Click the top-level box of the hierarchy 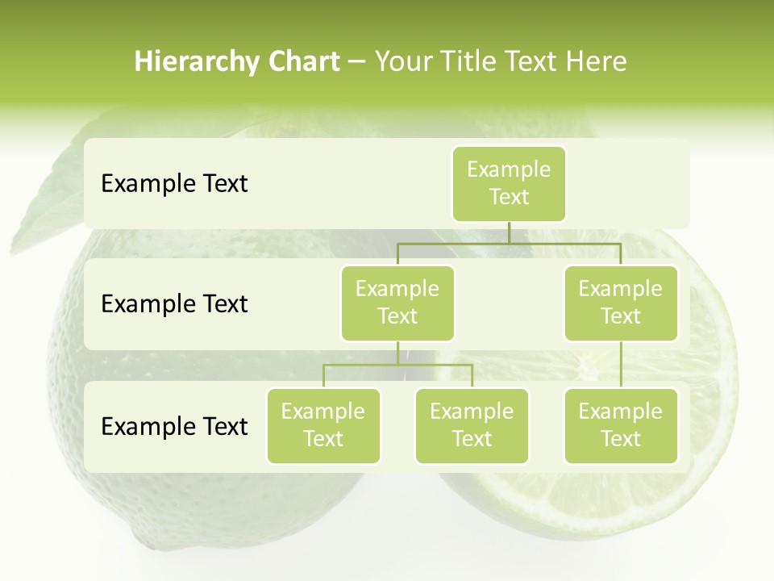[509, 184]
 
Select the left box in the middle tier [397, 303]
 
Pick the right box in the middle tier [621, 303]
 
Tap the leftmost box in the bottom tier [323, 426]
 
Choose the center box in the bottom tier [472, 426]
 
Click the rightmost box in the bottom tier [621, 426]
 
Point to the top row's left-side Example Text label [174, 184]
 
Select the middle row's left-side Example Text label [174, 304]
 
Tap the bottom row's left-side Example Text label [174, 426]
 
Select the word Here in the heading [597, 61]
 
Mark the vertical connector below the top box [509, 232]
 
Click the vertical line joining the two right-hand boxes [621, 365]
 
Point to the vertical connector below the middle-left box [397, 353]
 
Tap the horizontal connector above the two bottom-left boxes [397, 365]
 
